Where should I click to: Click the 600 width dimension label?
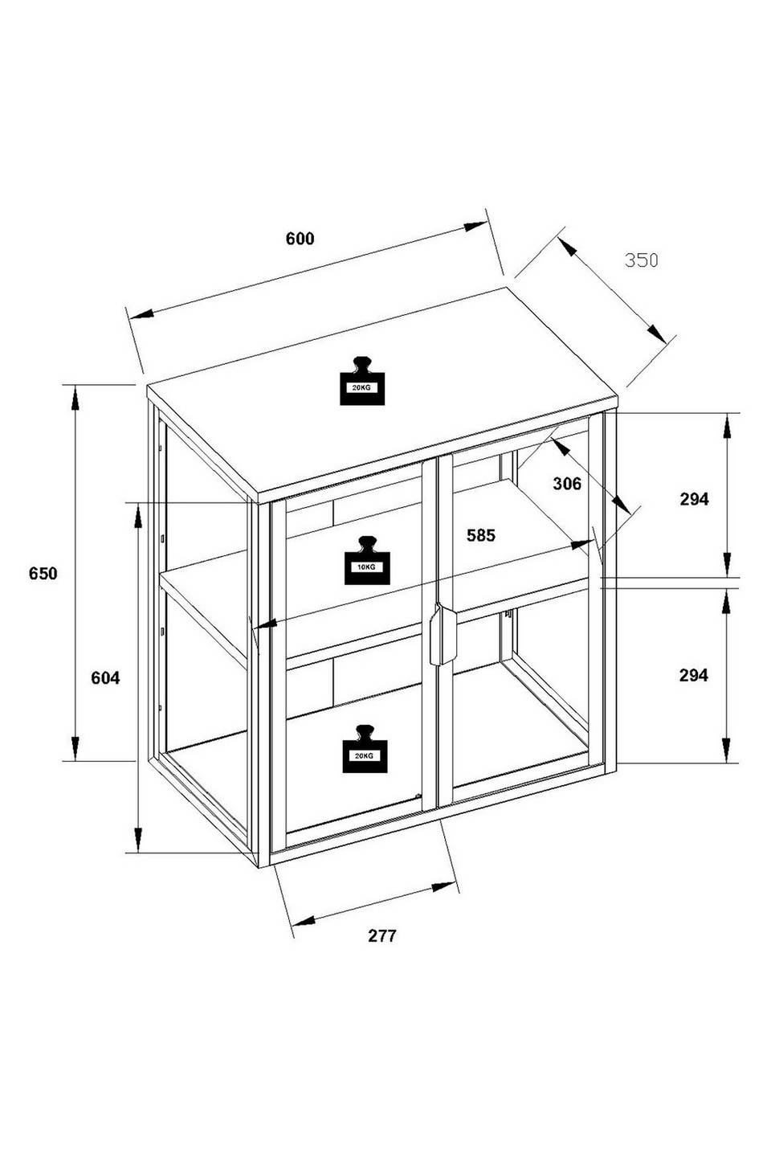click(300, 239)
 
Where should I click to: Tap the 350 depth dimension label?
click(641, 260)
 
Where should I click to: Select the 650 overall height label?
click(43, 573)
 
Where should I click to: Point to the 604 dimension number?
click(105, 677)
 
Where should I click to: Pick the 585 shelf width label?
click(480, 535)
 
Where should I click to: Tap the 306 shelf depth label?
click(567, 484)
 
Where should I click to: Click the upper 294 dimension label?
click(694, 498)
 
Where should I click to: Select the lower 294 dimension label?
click(694, 675)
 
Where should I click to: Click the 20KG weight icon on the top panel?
click(362, 381)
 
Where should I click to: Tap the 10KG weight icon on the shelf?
click(366, 560)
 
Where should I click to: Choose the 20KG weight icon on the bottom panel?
click(365, 749)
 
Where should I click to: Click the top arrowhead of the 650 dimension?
click(75, 398)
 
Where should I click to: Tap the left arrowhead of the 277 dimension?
click(304, 920)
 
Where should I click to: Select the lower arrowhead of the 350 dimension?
click(656, 334)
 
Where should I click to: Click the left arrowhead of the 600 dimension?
click(141, 314)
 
